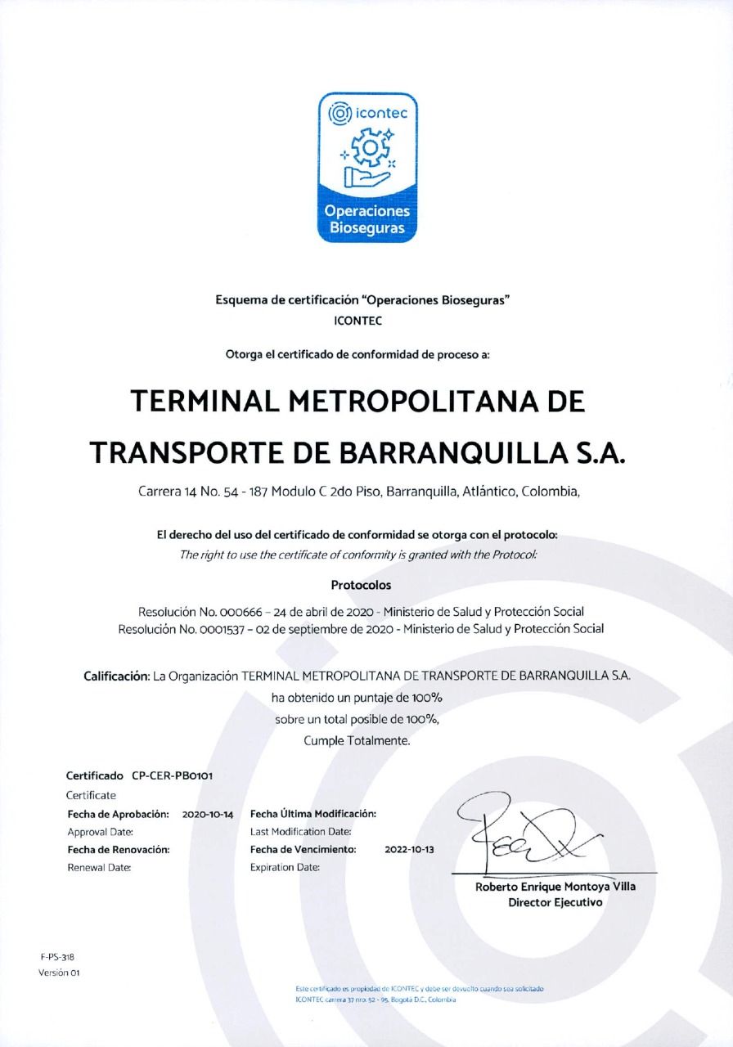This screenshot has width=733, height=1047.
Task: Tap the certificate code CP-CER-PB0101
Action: tap(166, 775)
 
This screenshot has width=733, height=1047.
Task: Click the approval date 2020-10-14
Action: tap(208, 814)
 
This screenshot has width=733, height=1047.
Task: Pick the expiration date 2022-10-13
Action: tap(409, 849)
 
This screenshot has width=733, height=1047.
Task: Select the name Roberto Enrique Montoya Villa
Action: tap(555, 887)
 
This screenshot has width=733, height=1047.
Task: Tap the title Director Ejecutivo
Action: tap(555, 902)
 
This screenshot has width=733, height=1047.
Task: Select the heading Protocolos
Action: tap(361, 585)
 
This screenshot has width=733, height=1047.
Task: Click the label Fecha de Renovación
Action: tap(118, 849)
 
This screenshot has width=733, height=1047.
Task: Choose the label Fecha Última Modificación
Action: tap(313, 814)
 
